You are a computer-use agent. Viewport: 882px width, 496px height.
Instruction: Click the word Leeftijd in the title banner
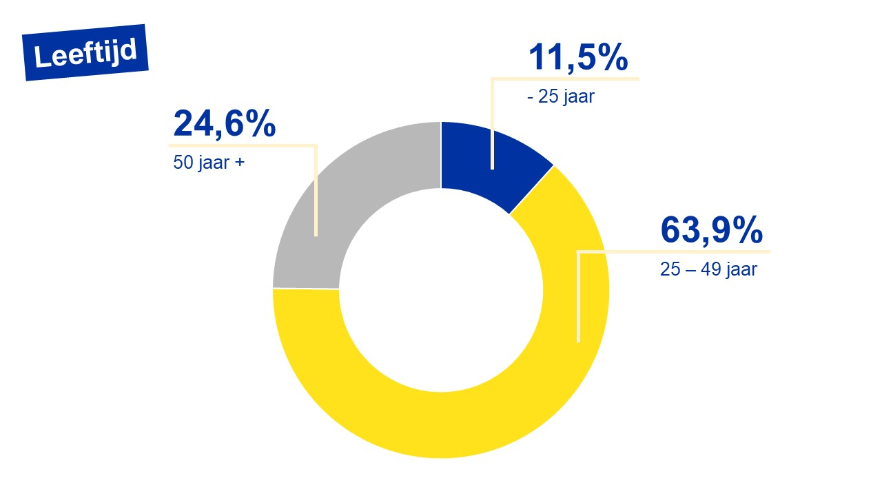[x=85, y=52]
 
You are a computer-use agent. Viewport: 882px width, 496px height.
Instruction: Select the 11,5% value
[x=577, y=58]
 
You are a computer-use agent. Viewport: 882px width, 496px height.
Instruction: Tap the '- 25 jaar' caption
[x=560, y=97]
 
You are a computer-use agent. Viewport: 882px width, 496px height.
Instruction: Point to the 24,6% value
[x=224, y=124]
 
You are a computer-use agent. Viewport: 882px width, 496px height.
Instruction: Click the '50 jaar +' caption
[x=209, y=165]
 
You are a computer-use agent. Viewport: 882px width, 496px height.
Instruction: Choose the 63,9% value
[x=711, y=230]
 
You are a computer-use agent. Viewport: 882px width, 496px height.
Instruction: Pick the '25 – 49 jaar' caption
[x=708, y=269]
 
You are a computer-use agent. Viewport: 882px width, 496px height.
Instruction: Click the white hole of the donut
[x=441, y=289]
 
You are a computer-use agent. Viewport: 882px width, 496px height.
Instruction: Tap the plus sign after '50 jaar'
[x=239, y=165]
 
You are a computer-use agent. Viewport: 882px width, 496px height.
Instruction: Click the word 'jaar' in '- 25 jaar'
[x=577, y=97]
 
